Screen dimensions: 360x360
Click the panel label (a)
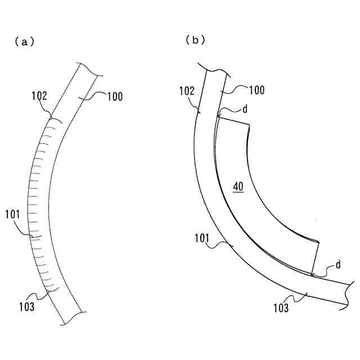tap(24, 42)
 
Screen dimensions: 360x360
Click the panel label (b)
tap(195, 40)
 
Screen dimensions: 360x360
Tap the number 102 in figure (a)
tap(39, 96)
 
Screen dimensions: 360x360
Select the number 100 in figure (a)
tap(115, 97)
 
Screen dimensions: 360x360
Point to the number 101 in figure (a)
tap(12, 214)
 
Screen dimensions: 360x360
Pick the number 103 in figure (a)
tap(26, 307)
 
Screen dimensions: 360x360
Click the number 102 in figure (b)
tap(187, 91)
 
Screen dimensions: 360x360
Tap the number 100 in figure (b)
tap(256, 90)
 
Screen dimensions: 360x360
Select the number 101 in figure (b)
tap(202, 238)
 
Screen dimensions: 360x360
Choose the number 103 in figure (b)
tap(281, 308)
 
